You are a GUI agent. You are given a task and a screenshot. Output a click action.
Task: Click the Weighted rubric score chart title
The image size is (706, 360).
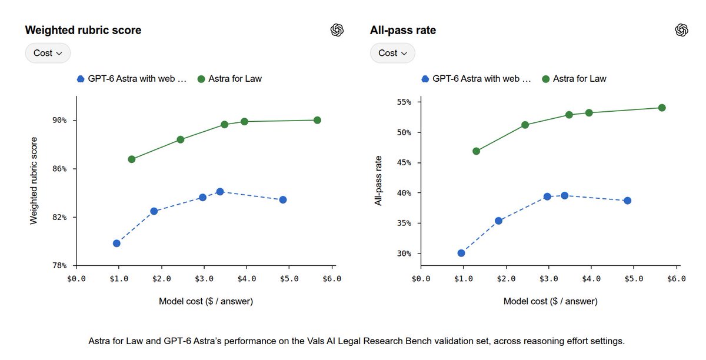[83, 30]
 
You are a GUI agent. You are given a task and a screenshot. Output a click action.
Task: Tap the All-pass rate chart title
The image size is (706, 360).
[403, 30]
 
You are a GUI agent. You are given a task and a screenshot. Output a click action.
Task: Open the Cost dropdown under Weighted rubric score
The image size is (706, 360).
[48, 53]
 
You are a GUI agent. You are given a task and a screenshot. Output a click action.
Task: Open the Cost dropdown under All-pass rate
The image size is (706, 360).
[392, 53]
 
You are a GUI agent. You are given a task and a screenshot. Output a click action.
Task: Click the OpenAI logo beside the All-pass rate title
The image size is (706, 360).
[681, 30]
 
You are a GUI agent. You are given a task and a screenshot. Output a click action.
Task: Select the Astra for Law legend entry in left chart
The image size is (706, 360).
[230, 79]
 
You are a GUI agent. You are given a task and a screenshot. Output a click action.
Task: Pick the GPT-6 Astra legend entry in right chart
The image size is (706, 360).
[476, 79]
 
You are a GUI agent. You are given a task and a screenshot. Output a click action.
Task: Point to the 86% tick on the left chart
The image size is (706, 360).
[59, 169]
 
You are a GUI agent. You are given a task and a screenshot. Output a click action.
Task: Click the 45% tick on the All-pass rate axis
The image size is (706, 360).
[404, 163]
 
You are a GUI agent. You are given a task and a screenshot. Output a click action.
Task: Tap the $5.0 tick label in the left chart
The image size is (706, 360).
[289, 279]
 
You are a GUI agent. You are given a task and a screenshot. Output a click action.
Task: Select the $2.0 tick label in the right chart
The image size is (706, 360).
[506, 279]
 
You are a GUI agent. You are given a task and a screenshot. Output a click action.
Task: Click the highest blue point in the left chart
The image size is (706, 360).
[220, 192]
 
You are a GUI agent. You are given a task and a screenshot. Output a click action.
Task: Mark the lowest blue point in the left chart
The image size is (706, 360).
[116, 244]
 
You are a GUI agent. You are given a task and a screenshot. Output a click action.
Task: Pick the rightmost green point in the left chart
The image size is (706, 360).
[317, 120]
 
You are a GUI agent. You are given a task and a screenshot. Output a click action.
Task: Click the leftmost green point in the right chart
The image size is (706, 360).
[476, 151]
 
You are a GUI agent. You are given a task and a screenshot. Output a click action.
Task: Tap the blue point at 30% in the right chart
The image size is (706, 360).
[461, 253]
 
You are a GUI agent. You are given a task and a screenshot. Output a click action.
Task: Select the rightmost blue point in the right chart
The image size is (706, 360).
[628, 201]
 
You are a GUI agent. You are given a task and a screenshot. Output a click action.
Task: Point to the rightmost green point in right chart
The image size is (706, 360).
[662, 108]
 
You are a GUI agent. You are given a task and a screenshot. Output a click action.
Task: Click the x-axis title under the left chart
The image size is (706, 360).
[206, 301]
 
